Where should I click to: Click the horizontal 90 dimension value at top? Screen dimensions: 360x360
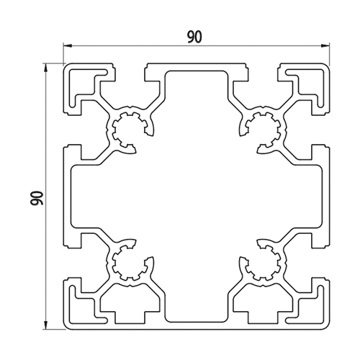(x=194, y=37)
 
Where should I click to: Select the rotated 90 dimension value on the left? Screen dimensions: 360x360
(x=37, y=198)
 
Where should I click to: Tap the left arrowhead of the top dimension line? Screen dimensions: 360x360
(x=68, y=45)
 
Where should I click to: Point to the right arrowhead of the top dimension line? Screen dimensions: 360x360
(x=325, y=45)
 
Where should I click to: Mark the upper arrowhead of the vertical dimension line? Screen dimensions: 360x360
(x=45, y=68)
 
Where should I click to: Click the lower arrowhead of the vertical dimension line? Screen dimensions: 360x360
(x=45, y=325)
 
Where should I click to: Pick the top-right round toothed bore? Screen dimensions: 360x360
(x=263, y=130)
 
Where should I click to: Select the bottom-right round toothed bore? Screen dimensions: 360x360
(x=263, y=263)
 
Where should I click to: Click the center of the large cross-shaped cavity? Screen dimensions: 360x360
(x=197, y=197)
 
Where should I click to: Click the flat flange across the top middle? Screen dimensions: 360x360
(x=197, y=67)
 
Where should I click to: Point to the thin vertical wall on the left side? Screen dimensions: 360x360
(x=67, y=197)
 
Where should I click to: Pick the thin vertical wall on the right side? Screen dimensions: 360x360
(x=326, y=197)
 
